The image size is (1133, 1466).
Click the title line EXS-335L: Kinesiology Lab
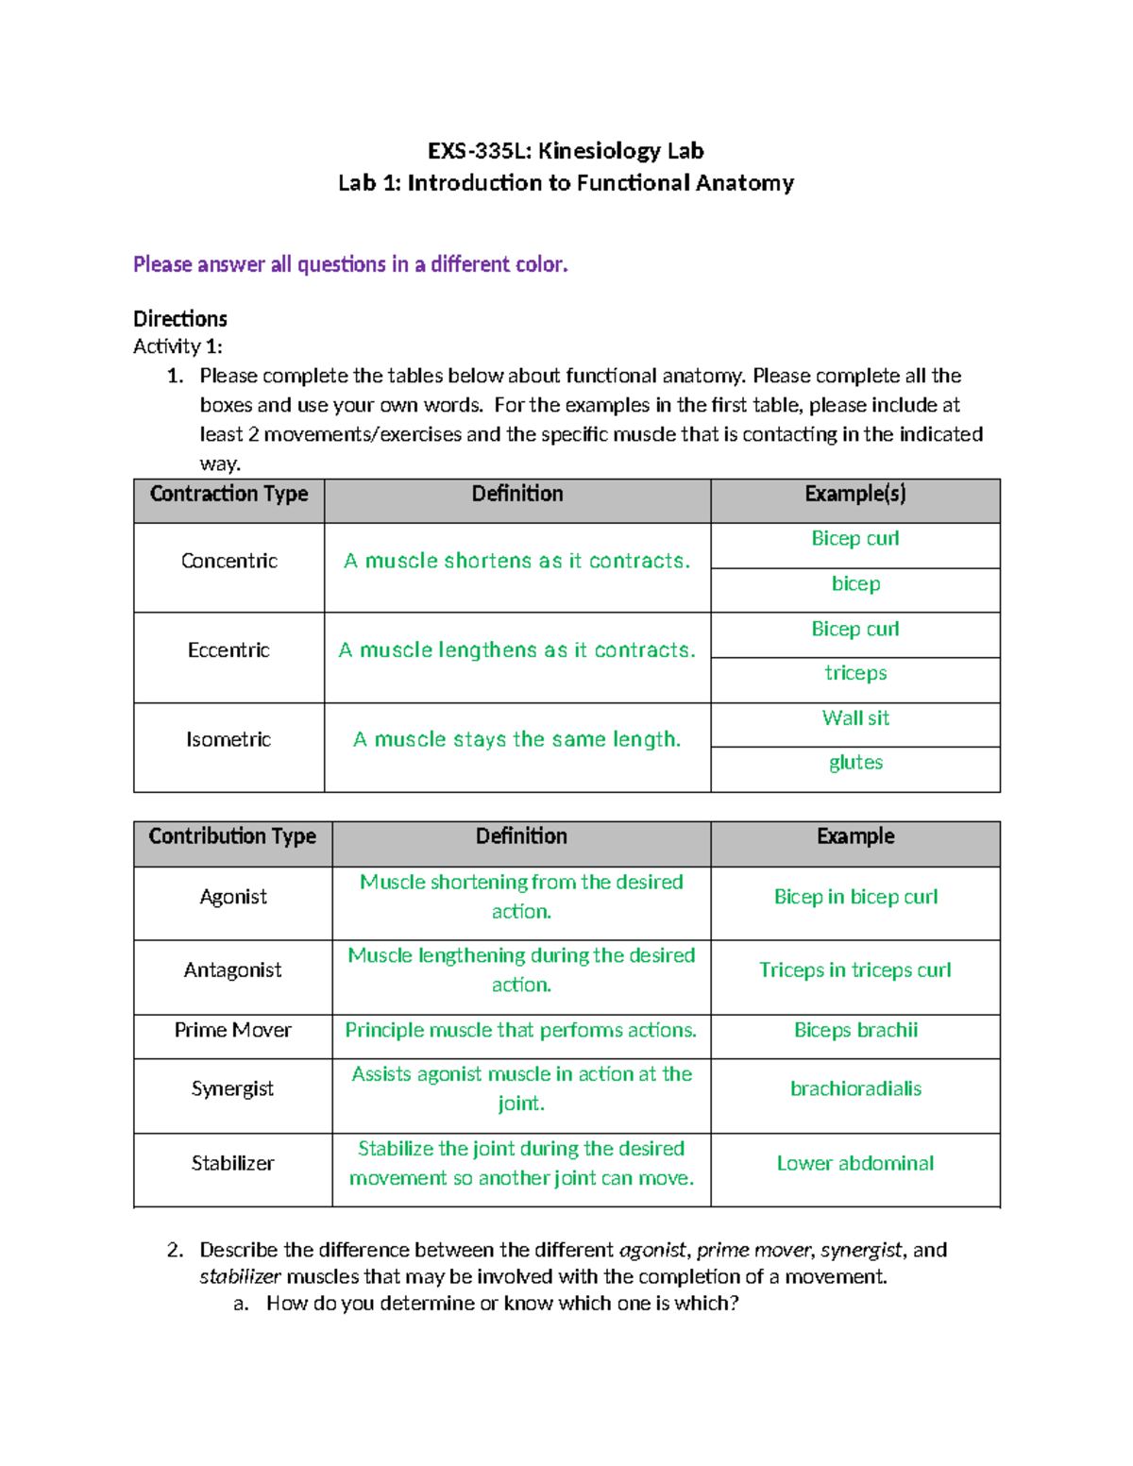point(566,151)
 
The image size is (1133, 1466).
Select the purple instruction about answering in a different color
point(350,264)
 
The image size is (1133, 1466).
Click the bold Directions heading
point(179,318)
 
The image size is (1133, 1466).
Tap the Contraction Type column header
point(228,494)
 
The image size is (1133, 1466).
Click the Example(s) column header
point(854,494)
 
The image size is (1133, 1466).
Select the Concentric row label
point(228,561)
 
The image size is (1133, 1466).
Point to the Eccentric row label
point(228,650)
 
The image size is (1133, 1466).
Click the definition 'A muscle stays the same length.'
point(516,739)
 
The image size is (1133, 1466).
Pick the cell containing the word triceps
point(854,673)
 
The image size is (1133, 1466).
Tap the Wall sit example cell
point(854,718)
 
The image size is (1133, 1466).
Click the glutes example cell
point(854,763)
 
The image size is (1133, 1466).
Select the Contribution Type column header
point(232,836)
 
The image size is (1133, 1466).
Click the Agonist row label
point(232,897)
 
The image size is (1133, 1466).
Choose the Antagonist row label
point(232,970)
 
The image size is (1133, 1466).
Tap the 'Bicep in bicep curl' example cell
point(854,897)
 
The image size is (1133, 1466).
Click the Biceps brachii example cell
point(854,1030)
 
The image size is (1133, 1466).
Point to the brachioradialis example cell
point(854,1088)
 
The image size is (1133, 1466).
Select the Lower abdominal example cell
point(854,1163)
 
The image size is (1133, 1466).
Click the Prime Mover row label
point(232,1030)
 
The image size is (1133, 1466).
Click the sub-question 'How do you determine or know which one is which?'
point(501,1304)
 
